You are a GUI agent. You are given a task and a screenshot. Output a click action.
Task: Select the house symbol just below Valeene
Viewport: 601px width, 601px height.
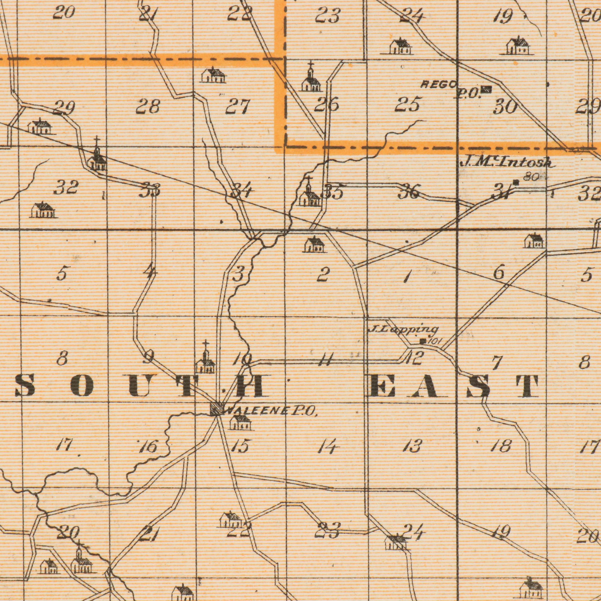click(241, 423)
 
